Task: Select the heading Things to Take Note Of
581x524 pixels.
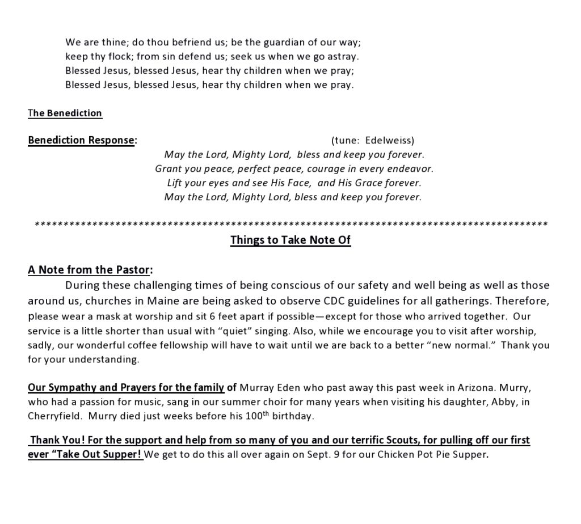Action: pos(290,240)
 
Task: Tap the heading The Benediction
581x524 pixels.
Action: pos(65,113)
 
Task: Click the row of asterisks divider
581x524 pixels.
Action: pos(290,225)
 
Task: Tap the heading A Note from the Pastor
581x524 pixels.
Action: pos(90,270)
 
